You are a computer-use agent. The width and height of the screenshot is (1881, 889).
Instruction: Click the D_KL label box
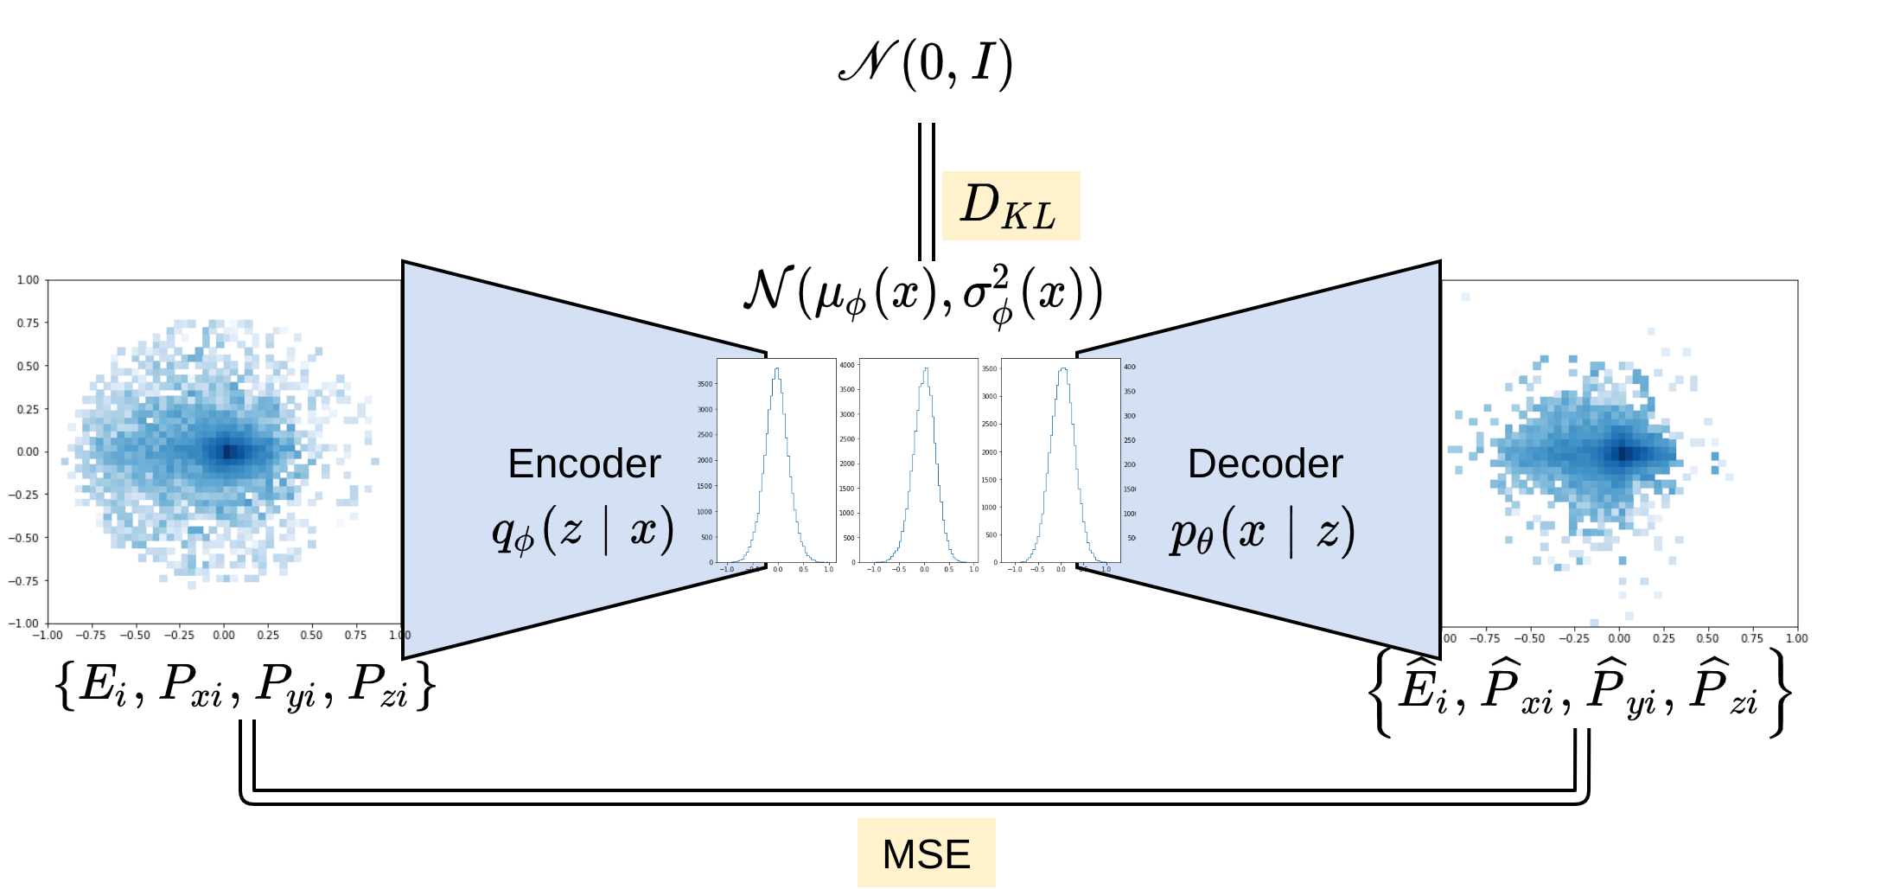coord(1011,206)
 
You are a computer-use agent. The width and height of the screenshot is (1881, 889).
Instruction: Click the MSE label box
coord(926,853)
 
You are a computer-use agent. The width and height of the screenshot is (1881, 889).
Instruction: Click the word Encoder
coord(583,464)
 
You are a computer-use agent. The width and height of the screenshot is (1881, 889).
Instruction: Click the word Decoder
coord(1265,464)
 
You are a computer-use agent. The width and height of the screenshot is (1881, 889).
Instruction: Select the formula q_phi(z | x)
coord(583,529)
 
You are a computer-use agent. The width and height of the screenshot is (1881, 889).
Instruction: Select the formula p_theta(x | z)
coord(1262,531)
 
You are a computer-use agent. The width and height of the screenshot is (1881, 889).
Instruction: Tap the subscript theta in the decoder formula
coord(1205,544)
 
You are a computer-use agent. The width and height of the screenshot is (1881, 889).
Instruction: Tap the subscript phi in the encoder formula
coord(524,542)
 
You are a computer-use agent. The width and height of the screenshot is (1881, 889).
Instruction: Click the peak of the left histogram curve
coord(777,370)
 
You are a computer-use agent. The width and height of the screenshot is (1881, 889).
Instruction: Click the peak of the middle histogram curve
coord(926,370)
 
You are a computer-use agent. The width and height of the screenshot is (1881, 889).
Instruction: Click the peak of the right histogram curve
coord(1062,370)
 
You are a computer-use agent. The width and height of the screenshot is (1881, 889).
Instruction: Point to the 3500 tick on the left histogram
coord(705,384)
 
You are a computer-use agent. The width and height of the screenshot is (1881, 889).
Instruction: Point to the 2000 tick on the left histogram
coord(705,460)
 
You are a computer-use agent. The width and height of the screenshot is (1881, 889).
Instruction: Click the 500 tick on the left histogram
coord(707,537)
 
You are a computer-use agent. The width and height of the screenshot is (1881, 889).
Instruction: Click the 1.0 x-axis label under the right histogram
coord(1106,569)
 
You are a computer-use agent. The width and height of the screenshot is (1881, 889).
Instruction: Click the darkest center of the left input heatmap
coord(229,451)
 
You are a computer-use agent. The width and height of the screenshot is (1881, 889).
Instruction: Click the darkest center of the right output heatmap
coord(1623,453)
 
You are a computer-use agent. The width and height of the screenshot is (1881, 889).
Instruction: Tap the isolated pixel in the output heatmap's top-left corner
coord(1465,297)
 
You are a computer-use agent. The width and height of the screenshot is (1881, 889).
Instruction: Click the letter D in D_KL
coord(979,204)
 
